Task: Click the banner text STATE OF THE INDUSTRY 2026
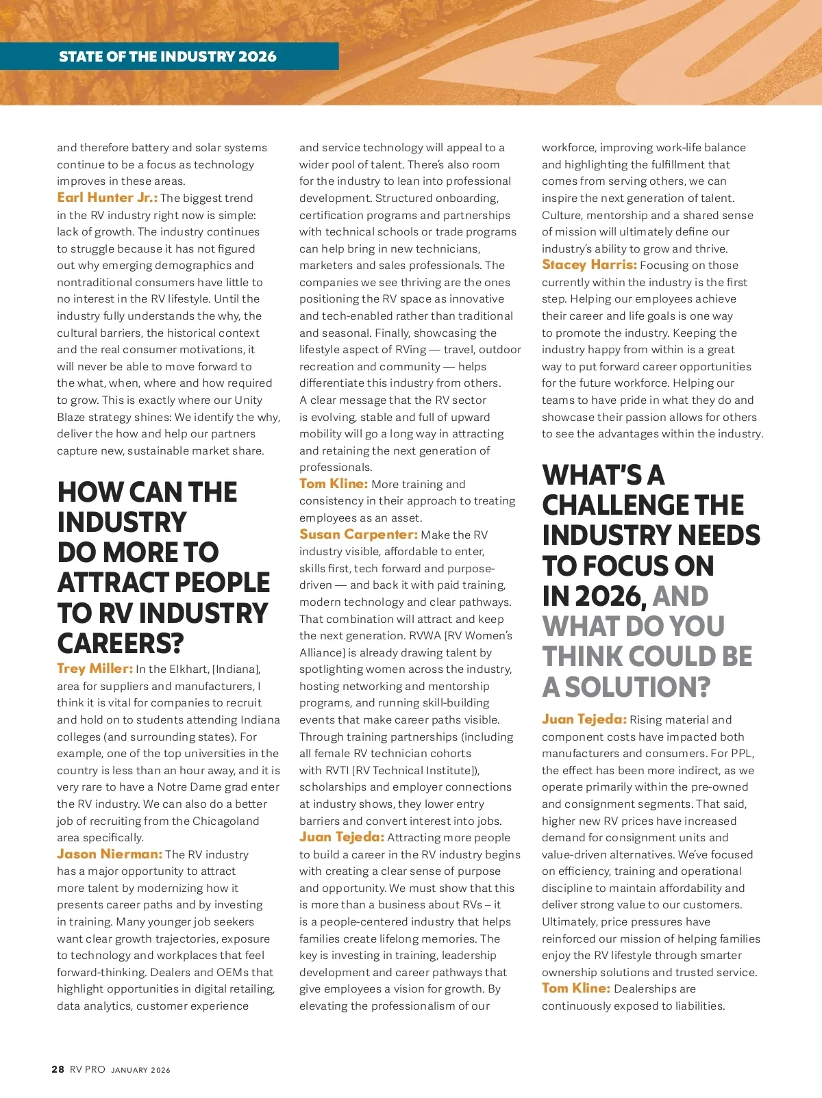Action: click(168, 57)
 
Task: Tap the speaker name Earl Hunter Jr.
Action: click(107, 198)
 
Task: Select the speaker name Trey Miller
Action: click(95, 669)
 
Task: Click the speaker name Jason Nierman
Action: click(110, 854)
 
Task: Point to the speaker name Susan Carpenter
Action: click(358, 535)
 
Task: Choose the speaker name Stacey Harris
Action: click(589, 265)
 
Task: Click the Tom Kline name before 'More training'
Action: click(334, 484)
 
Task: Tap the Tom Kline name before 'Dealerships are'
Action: click(575, 988)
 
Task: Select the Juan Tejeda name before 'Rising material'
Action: click(584, 719)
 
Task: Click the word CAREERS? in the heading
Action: click(121, 643)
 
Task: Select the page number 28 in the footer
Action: click(58, 1069)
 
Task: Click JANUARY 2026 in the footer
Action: click(140, 1070)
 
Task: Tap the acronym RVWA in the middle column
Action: click(425, 636)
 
